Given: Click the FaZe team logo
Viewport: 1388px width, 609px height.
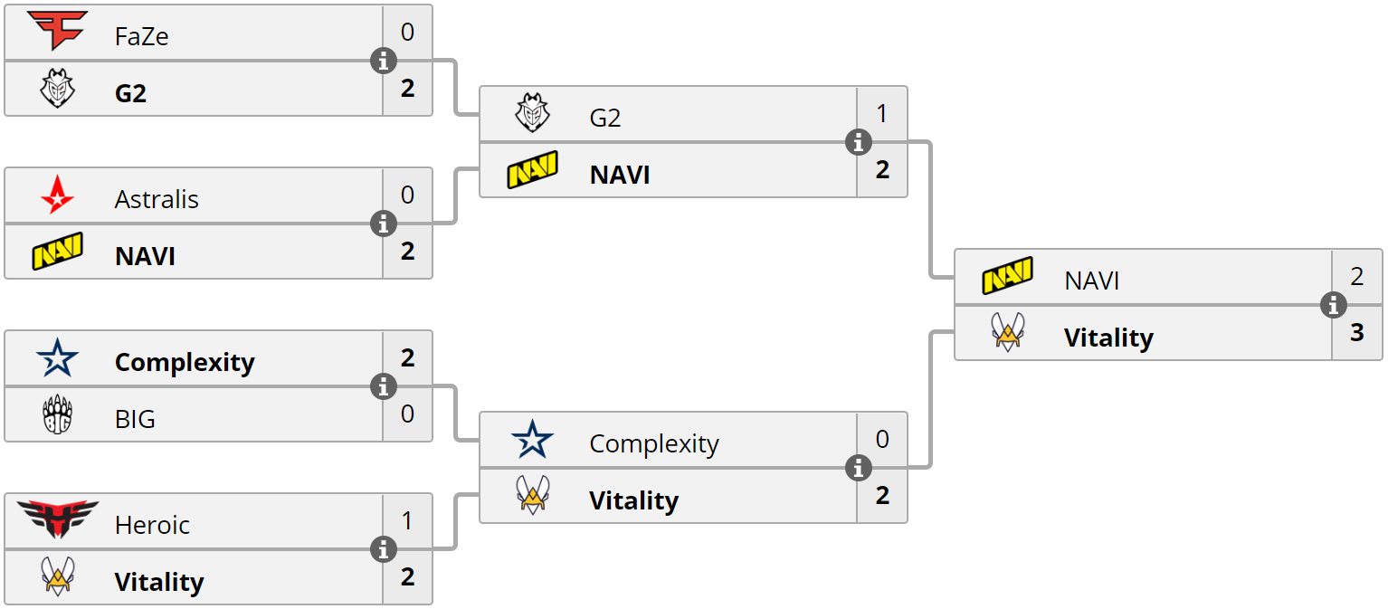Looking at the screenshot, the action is (x=57, y=31).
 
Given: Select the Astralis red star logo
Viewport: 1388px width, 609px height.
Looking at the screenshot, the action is (x=57, y=195).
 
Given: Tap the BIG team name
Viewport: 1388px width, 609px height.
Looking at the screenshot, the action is (x=135, y=419).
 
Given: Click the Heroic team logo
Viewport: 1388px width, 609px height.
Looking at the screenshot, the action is (x=58, y=519).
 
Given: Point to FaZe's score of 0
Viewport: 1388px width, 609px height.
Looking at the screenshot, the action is (x=407, y=33).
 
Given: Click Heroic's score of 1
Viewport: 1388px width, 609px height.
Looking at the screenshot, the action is (x=407, y=521).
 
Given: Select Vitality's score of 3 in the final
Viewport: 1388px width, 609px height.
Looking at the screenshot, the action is (x=1357, y=333).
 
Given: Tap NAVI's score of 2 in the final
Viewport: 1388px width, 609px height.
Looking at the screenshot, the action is (x=1357, y=276).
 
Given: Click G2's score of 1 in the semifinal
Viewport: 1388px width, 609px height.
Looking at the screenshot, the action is (x=882, y=113).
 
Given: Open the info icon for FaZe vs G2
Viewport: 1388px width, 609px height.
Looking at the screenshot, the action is (x=384, y=61).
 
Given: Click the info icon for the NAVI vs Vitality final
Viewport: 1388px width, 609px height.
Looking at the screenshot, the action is (x=1334, y=305).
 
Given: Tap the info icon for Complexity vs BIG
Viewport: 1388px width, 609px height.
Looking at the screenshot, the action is (x=384, y=386).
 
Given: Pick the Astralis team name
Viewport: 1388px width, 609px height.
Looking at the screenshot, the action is (x=157, y=199).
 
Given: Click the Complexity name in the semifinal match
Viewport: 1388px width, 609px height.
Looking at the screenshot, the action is (x=653, y=443).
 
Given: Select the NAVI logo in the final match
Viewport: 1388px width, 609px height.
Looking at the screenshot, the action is (x=1008, y=275).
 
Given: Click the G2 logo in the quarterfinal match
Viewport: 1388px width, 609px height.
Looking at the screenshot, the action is (x=58, y=88).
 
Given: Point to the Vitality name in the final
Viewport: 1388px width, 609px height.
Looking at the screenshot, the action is (x=1108, y=338).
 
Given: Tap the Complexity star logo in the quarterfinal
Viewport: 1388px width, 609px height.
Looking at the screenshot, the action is (x=58, y=357).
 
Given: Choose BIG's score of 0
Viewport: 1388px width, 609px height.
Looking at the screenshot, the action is (x=407, y=414).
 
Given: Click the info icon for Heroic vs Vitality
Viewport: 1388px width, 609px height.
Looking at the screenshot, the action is (x=384, y=549).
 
